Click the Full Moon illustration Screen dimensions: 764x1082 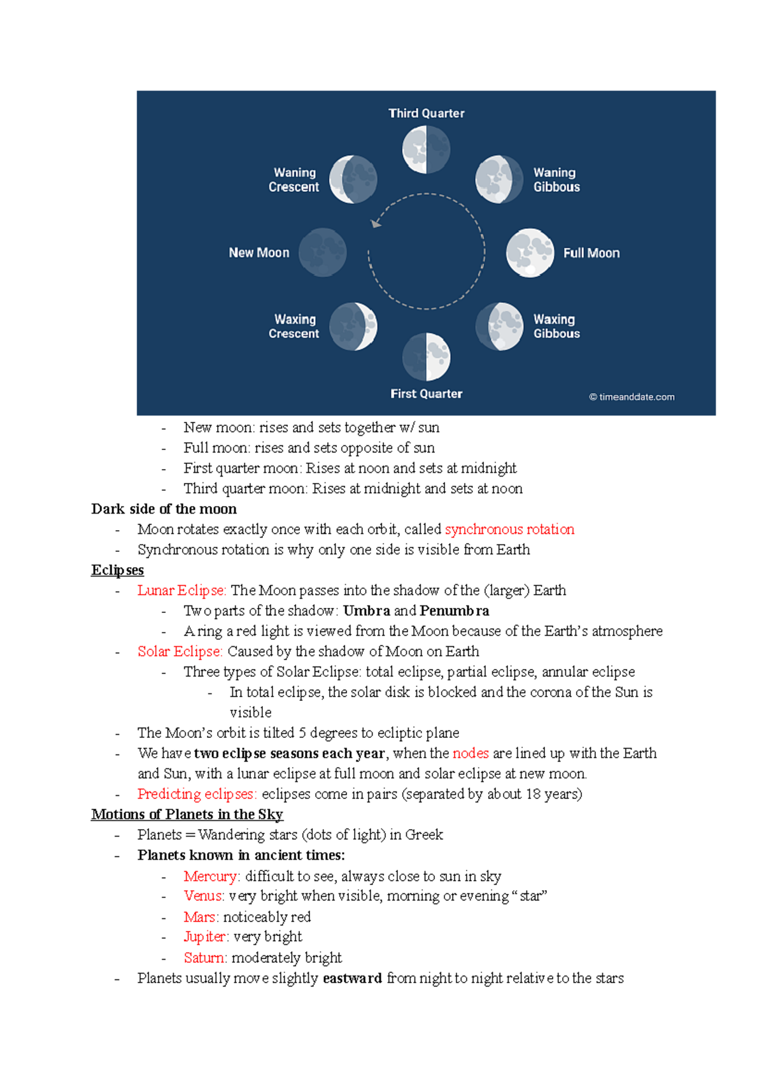click(x=530, y=253)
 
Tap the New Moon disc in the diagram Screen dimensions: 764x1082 click(x=323, y=253)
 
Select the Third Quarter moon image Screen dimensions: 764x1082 click(x=426, y=150)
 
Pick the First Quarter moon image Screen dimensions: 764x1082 click(x=426, y=357)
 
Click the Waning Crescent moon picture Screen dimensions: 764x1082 click(x=353, y=180)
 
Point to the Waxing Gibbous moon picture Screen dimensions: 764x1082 click(x=500, y=326)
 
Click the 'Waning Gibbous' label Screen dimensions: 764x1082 click(x=556, y=180)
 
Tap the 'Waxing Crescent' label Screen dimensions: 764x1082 click(x=294, y=326)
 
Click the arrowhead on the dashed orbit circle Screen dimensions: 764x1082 click(x=376, y=224)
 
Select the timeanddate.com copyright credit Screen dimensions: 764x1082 click(x=632, y=397)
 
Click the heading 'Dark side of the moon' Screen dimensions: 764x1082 click(x=164, y=509)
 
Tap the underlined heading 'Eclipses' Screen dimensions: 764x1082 click(x=117, y=570)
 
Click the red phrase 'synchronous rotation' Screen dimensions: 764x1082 click(x=509, y=530)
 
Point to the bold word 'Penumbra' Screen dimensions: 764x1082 click(x=455, y=611)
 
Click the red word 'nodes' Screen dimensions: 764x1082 click(x=470, y=753)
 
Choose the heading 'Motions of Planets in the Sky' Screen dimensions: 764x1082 click(x=187, y=814)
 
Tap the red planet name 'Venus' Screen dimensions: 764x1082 click(x=203, y=896)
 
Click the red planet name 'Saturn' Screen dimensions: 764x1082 click(x=204, y=958)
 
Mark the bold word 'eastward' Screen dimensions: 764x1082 click(x=352, y=978)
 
